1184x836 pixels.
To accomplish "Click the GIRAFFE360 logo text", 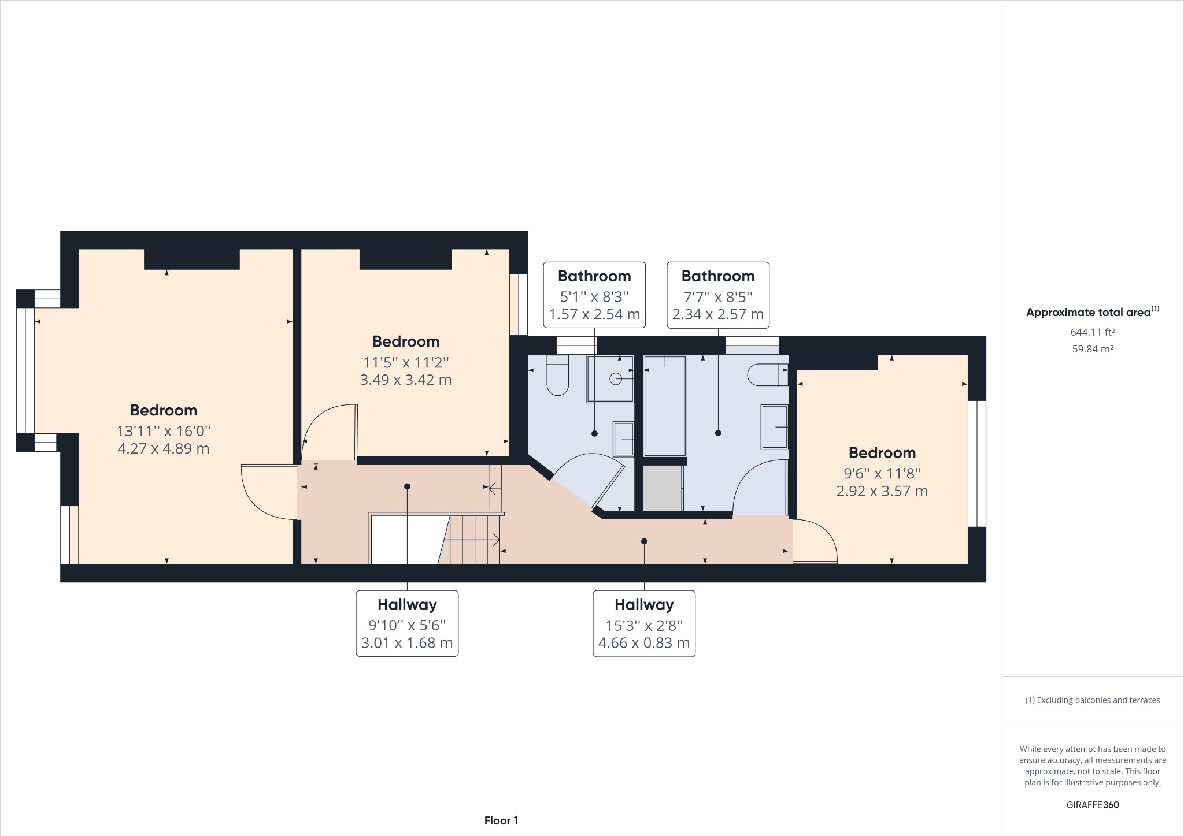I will [x=1092, y=805].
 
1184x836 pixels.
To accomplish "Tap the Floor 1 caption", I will [x=501, y=820].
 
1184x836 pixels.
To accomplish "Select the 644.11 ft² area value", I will [x=1092, y=332].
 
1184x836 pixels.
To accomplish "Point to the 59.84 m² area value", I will [x=1092, y=349].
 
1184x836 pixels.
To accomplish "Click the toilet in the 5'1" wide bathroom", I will [x=557, y=376].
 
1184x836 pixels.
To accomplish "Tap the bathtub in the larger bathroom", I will [x=665, y=406].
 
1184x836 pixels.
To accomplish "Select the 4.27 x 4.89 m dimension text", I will [x=164, y=449].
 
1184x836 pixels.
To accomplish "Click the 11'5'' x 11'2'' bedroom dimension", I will [x=406, y=362].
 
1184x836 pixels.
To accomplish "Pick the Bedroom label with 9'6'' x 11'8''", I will [x=882, y=453].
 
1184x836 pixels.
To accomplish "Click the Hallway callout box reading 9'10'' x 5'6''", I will [x=407, y=623].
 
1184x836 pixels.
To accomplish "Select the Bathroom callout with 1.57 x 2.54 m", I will [x=594, y=295].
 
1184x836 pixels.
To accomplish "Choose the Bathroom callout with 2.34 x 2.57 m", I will [x=718, y=295].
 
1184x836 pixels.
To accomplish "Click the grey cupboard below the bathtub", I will [x=663, y=489].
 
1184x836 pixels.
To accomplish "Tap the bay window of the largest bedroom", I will [x=25, y=370].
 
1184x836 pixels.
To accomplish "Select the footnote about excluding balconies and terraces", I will [x=1092, y=700].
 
